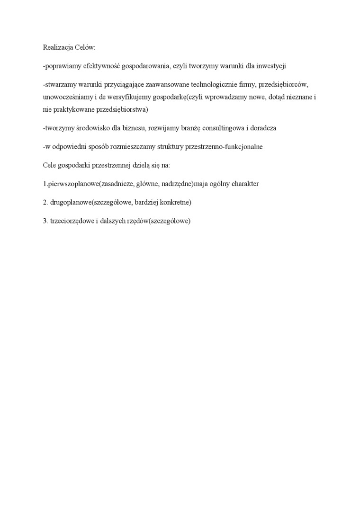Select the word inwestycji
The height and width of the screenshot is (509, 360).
(x=270, y=66)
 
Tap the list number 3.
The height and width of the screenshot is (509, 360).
(x=45, y=221)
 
